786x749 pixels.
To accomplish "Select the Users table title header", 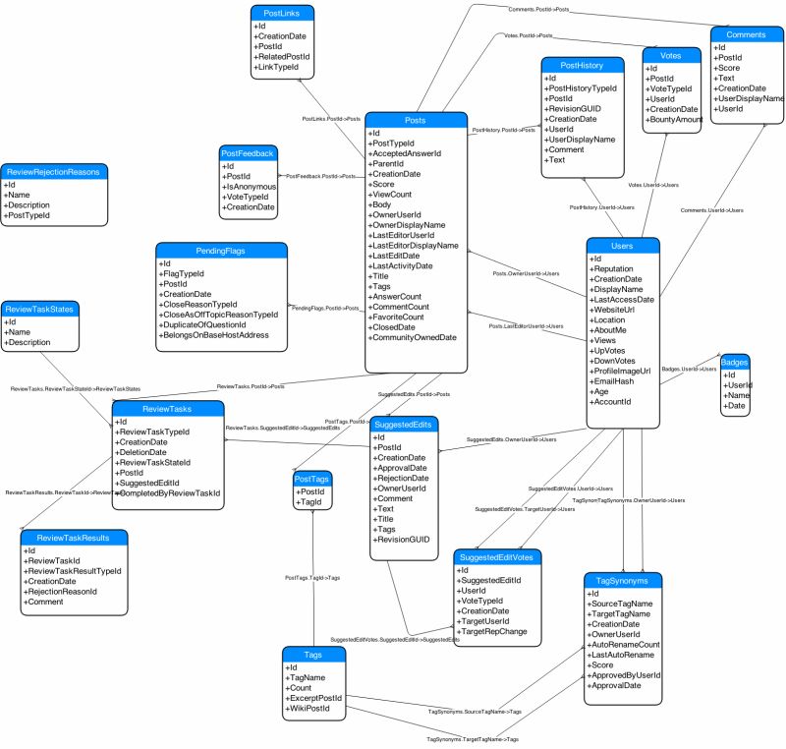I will tap(621, 245).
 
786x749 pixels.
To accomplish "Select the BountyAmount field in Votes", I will tap(676, 119).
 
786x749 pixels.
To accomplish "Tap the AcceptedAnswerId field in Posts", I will tap(406, 154).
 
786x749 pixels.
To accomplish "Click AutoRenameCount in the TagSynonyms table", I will tap(625, 644).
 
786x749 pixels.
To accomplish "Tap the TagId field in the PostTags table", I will tap(312, 502).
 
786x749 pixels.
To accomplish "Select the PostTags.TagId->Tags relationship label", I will tap(312, 578).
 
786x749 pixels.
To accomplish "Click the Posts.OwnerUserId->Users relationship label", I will tap(526, 273).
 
